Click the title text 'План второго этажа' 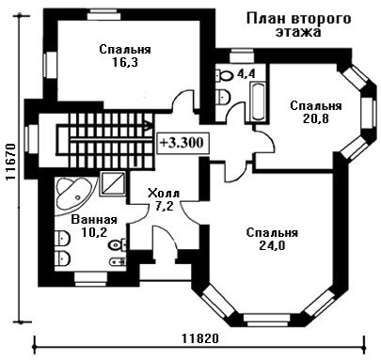point(298,25)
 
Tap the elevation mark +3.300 point(182,143)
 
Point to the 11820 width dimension point(199,338)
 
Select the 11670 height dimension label point(11,162)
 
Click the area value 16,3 point(125,63)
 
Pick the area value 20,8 point(316,118)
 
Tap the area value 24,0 point(272,246)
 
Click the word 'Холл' point(164,193)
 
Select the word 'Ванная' point(94,219)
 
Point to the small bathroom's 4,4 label point(247,73)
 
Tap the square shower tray point(112,184)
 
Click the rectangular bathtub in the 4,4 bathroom point(258,101)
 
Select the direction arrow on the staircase point(148,126)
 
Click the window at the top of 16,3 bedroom point(103,15)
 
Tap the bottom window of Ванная point(91,279)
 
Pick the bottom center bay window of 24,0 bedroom point(266,319)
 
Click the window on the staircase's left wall point(31,140)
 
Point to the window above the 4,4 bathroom point(241,56)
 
